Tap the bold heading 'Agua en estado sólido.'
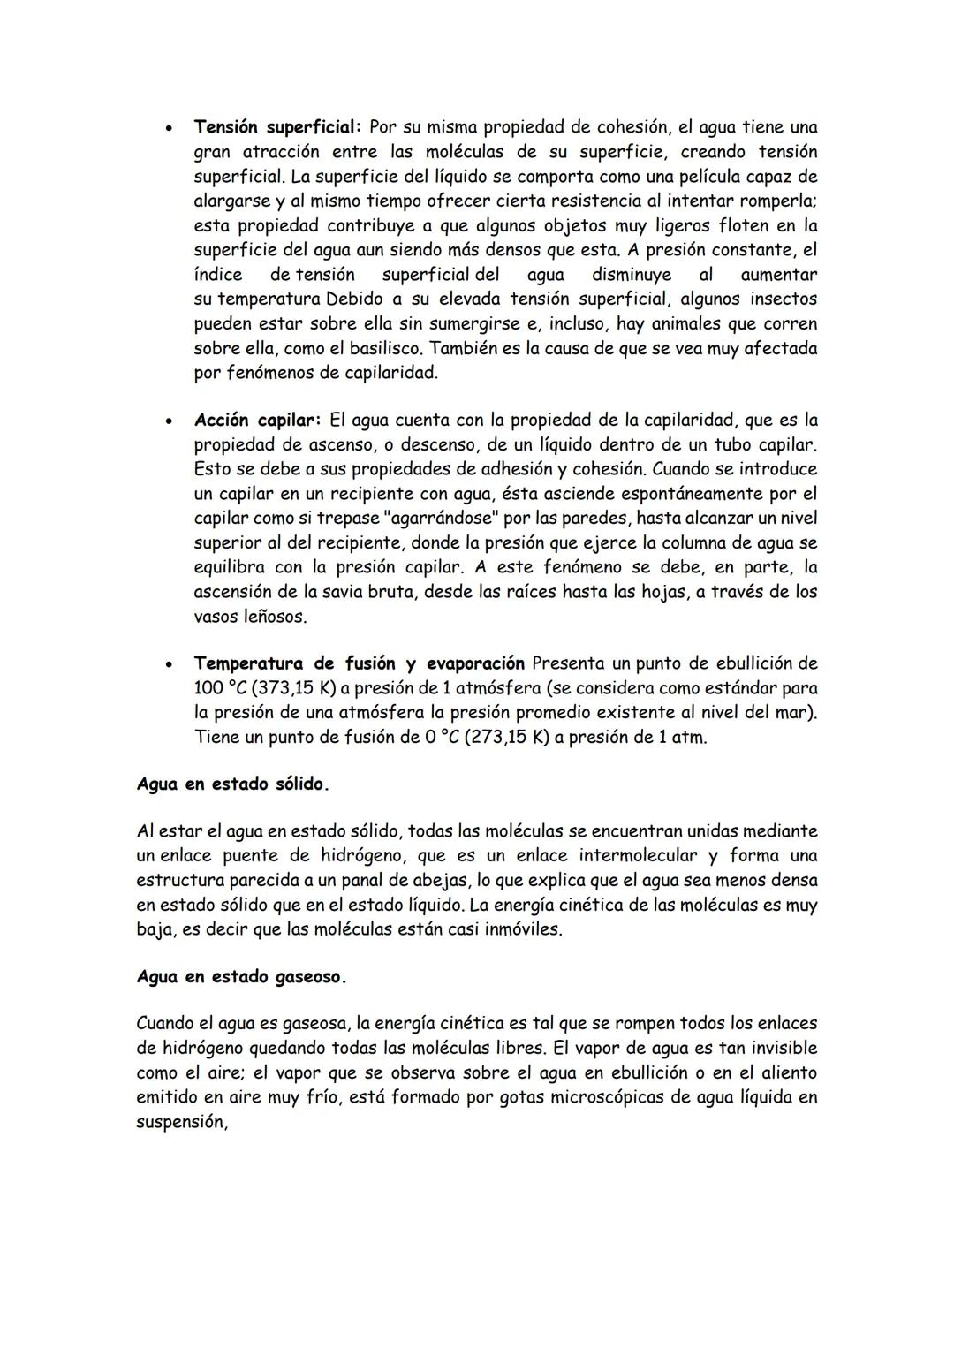pyautogui.click(x=233, y=784)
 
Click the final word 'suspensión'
pyautogui.click(x=180, y=1122)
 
